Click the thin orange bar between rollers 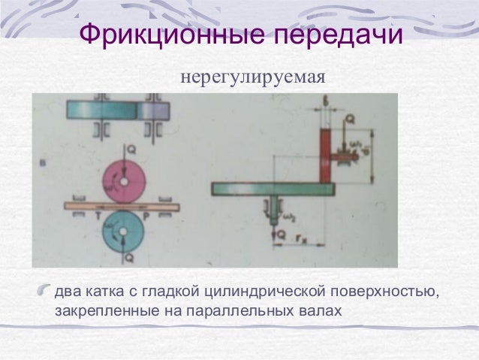[120, 204]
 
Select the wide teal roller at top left [101, 110]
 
